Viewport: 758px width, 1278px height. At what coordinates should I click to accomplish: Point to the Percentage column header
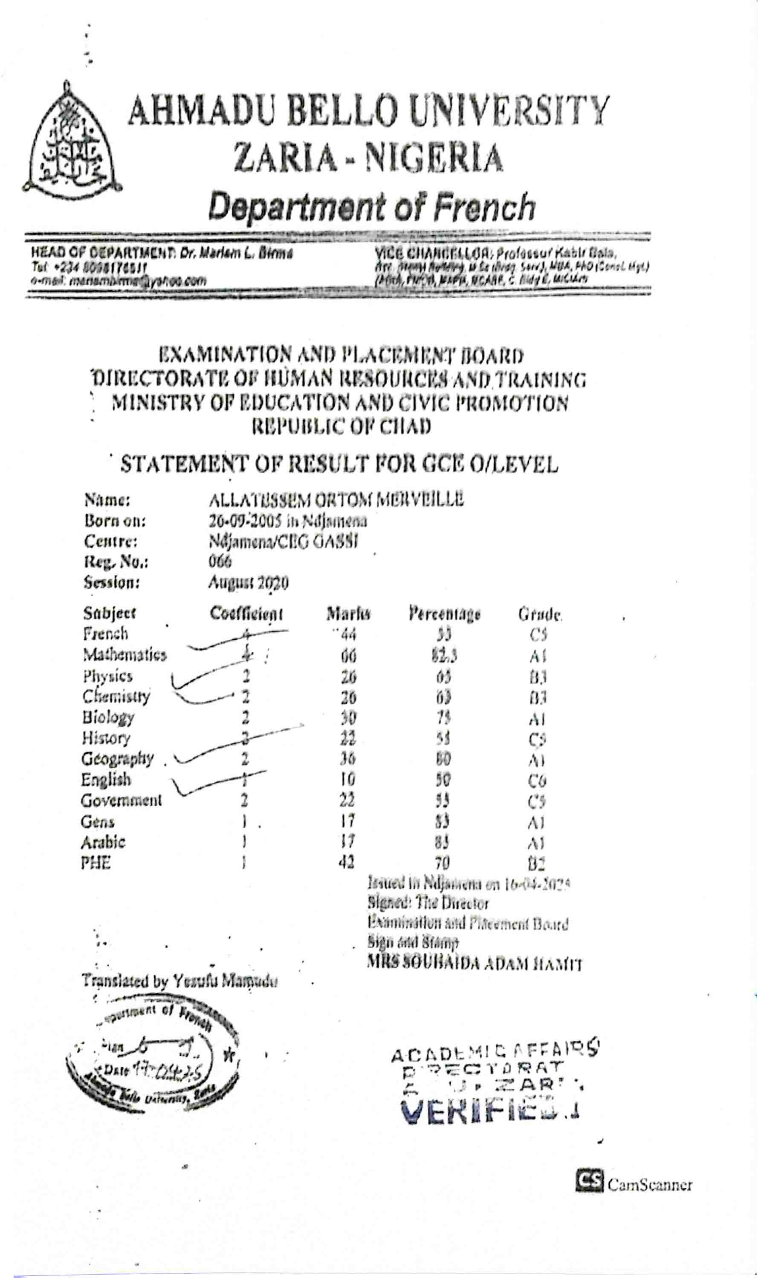point(444,613)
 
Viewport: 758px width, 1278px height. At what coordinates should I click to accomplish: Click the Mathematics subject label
point(125,654)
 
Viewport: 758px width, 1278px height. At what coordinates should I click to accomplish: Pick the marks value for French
point(348,635)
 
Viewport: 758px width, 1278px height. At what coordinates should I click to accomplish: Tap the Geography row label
point(118,759)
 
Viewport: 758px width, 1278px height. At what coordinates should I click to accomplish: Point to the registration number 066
point(220,561)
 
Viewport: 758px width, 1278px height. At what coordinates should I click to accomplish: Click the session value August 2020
point(248,582)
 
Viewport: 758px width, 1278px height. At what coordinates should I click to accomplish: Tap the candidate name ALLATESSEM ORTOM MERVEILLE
point(336,500)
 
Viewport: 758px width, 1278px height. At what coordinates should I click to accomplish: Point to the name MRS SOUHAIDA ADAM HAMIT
point(474,963)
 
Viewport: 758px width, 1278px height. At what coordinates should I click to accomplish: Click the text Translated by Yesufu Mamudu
point(180,982)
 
